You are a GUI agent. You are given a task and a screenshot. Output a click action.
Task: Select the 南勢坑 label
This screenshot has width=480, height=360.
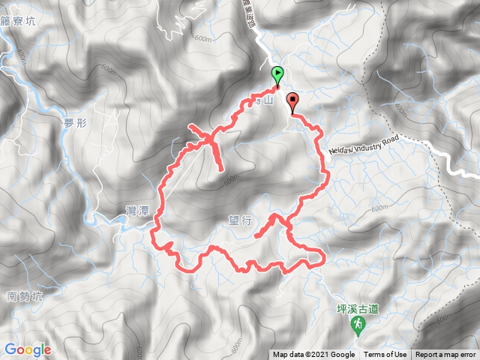pos(24,296)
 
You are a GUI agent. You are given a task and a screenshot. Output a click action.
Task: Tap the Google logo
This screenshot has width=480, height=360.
pos(27,349)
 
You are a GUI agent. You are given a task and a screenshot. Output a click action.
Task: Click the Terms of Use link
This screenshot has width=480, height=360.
pos(385,355)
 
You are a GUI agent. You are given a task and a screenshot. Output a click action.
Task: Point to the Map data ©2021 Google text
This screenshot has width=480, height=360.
pos(313,355)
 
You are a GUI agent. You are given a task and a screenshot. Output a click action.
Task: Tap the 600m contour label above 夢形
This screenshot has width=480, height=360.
pos(107,70)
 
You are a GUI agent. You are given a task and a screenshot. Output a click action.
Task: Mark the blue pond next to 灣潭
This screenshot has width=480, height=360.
pos(120,220)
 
